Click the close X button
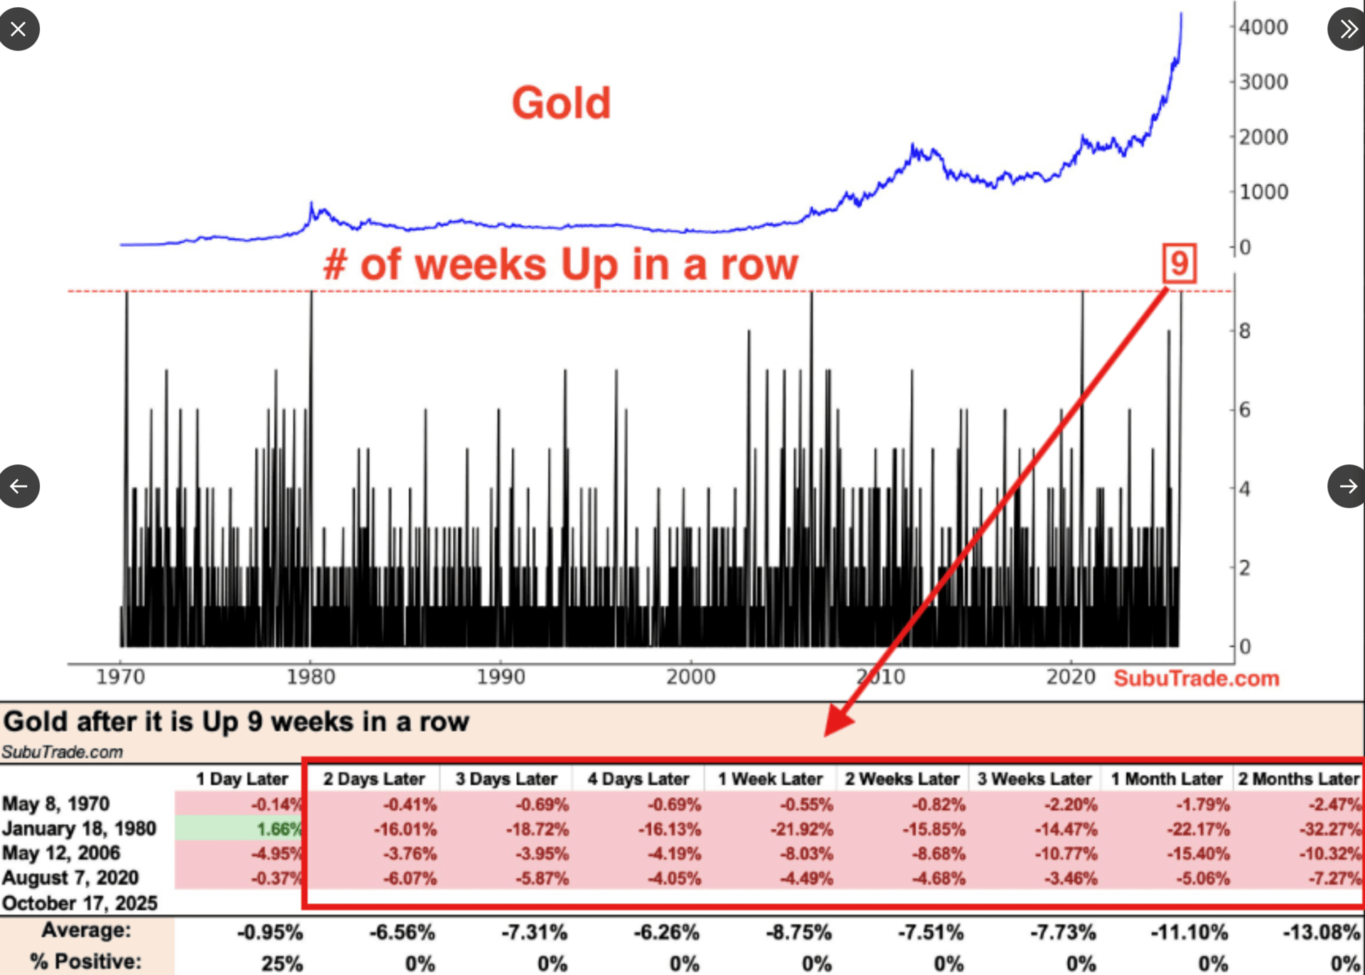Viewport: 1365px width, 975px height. coord(18,29)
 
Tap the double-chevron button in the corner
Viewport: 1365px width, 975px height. coord(1347,29)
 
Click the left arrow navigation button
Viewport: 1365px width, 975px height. coord(19,486)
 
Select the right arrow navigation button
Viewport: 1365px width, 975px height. coord(1347,486)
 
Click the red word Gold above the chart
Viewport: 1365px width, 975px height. coord(561,103)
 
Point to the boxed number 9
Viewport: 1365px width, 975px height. coord(1179,263)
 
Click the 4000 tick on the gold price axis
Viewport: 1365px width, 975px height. coord(1263,27)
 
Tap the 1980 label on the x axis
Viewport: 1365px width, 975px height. coord(311,676)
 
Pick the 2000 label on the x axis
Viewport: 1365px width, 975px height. coord(690,676)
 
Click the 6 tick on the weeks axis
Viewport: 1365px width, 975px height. coord(1245,410)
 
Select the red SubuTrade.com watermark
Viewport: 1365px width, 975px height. coord(1196,678)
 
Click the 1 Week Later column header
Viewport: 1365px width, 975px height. coord(770,779)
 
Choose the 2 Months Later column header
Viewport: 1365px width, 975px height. coord(1298,779)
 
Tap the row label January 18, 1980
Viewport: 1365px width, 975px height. coord(79,829)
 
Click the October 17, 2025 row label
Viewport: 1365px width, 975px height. coord(80,903)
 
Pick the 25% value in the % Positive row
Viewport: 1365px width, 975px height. coord(282,964)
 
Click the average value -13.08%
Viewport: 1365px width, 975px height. coord(1321,932)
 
